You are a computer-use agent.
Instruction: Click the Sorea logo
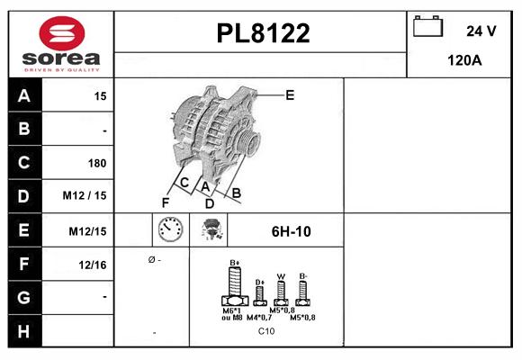pyautogui.click(x=61, y=43)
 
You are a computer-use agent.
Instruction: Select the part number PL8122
pyautogui.click(x=263, y=34)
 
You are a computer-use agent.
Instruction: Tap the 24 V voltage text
pyautogui.click(x=481, y=31)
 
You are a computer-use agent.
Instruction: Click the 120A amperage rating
pyautogui.click(x=464, y=61)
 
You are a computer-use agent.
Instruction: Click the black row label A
pyautogui.click(x=23, y=96)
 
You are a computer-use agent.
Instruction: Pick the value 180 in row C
pyautogui.click(x=96, y=163)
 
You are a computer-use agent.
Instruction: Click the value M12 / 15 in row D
pyautogui.click(x=85, y=196)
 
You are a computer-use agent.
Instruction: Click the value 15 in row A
pyautogui.click(x=99, y=96)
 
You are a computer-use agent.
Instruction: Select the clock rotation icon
pyautogui.click(x=170, y=230)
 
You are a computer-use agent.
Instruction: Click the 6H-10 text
pyautogui.click(x=291, y=231)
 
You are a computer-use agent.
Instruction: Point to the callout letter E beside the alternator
pyautogui.click(x=290, y=94)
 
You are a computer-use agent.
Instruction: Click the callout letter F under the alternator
pyautogui.click(x=166, y=202)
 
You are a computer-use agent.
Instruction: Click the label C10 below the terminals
pyautogui.click(x=266, y=331)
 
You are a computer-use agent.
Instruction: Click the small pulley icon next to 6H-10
pyautogui.click(x=212, y=230)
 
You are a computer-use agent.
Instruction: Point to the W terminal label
pyautogui.click(x=281, y=276)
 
